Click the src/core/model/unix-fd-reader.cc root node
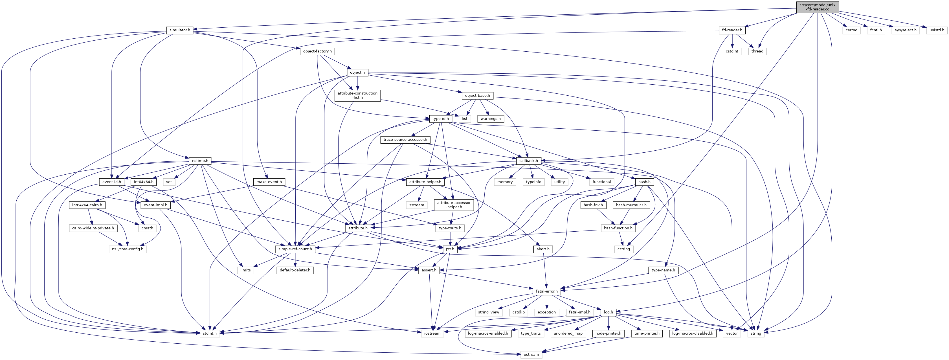point(818,7)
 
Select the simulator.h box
point(180,30)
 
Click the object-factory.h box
point(317,51)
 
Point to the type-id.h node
point(441,119)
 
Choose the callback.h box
point(529,161)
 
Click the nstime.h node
point(200,161)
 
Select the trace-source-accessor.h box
point(405,140)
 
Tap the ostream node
point(531,354)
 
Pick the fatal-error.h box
point(547,291)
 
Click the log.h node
point(608,312)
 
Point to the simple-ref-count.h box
point(295,249)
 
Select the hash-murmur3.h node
point(631,205)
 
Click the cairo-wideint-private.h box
point(93,228)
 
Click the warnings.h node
point(491,119)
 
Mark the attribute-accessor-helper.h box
point(454,205)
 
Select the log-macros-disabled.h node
point(692,333)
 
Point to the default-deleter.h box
point(295,270)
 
